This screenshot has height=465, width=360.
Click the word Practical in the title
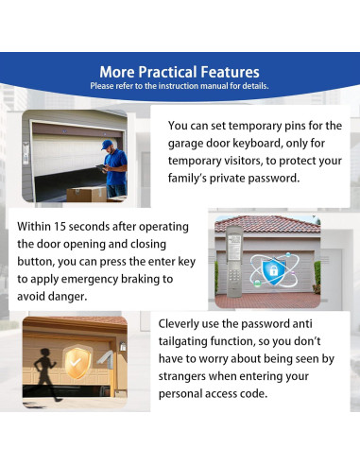coord(168,72)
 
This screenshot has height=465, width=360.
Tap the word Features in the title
coord(230,72)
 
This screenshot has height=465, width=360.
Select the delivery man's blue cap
coord(107,145)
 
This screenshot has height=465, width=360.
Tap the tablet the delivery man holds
coord(101,168)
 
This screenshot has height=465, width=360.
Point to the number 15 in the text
coord(60,227)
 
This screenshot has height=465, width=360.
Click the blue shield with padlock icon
coord(273,270)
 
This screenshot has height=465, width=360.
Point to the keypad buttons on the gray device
coord(234,275)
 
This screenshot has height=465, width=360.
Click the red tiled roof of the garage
coord(267,224)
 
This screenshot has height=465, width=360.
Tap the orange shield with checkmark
coord(77,362)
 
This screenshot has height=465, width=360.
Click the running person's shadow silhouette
coord(46,374)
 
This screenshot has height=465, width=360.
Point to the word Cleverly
coord(179,324)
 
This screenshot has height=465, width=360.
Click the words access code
coord(237,394)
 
